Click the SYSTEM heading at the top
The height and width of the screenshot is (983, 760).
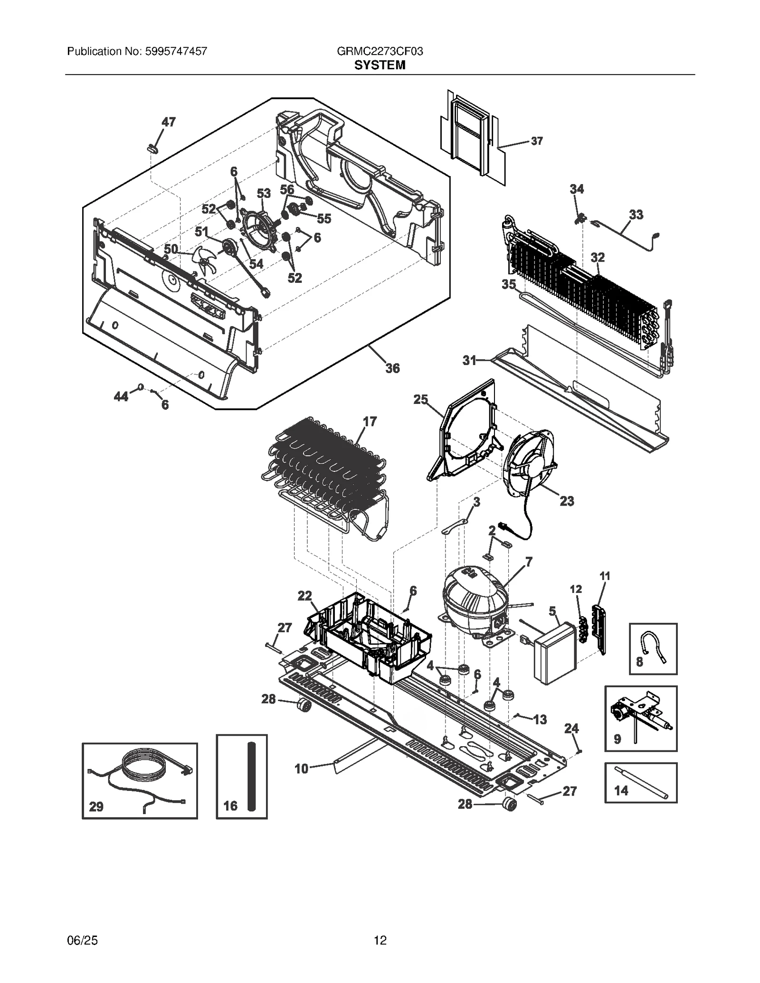[x=380, y=66]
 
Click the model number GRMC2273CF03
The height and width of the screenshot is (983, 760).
[x=380, y=51]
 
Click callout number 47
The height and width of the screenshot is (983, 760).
[x=168, y=122]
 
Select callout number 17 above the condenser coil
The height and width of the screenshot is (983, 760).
[x=370, y=421]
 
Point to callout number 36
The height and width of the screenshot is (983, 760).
[x=392, y=368]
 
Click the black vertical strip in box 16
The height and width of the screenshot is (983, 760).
[x=251, y=776]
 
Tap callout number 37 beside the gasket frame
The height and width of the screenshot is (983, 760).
[x=536, y=141]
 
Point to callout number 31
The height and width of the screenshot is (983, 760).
[x=469, y=361]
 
